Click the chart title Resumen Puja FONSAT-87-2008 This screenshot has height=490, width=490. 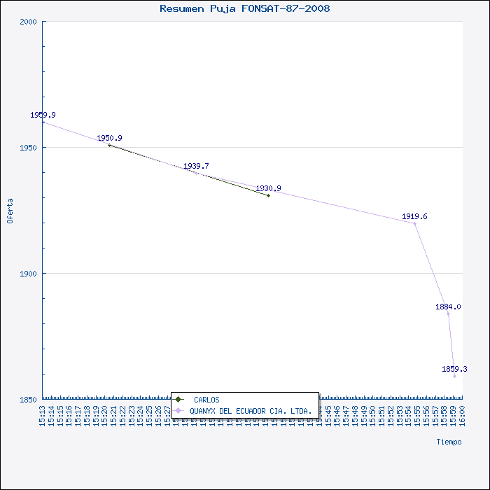pos(245,9)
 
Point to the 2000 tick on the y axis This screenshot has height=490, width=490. pos(28,22)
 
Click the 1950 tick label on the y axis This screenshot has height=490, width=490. pos(28,148)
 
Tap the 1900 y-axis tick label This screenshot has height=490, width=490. pos(28,274)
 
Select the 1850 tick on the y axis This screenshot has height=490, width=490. pos(28,400)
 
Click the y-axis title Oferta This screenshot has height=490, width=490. pos(10,211)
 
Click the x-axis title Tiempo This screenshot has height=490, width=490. pos(449,442)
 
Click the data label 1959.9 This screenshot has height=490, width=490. pos(43,115)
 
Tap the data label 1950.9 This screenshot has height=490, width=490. pos(109,138)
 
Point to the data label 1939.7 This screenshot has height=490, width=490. pos(196,166)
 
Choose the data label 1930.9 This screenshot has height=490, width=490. pos(268,188)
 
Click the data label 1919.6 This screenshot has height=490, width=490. pos(414,216)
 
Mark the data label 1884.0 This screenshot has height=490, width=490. pos(448,307)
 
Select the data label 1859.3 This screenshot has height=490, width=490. pos(454,369)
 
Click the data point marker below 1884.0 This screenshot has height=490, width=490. pos(449,314)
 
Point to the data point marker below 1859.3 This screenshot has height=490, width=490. pos(454,376)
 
